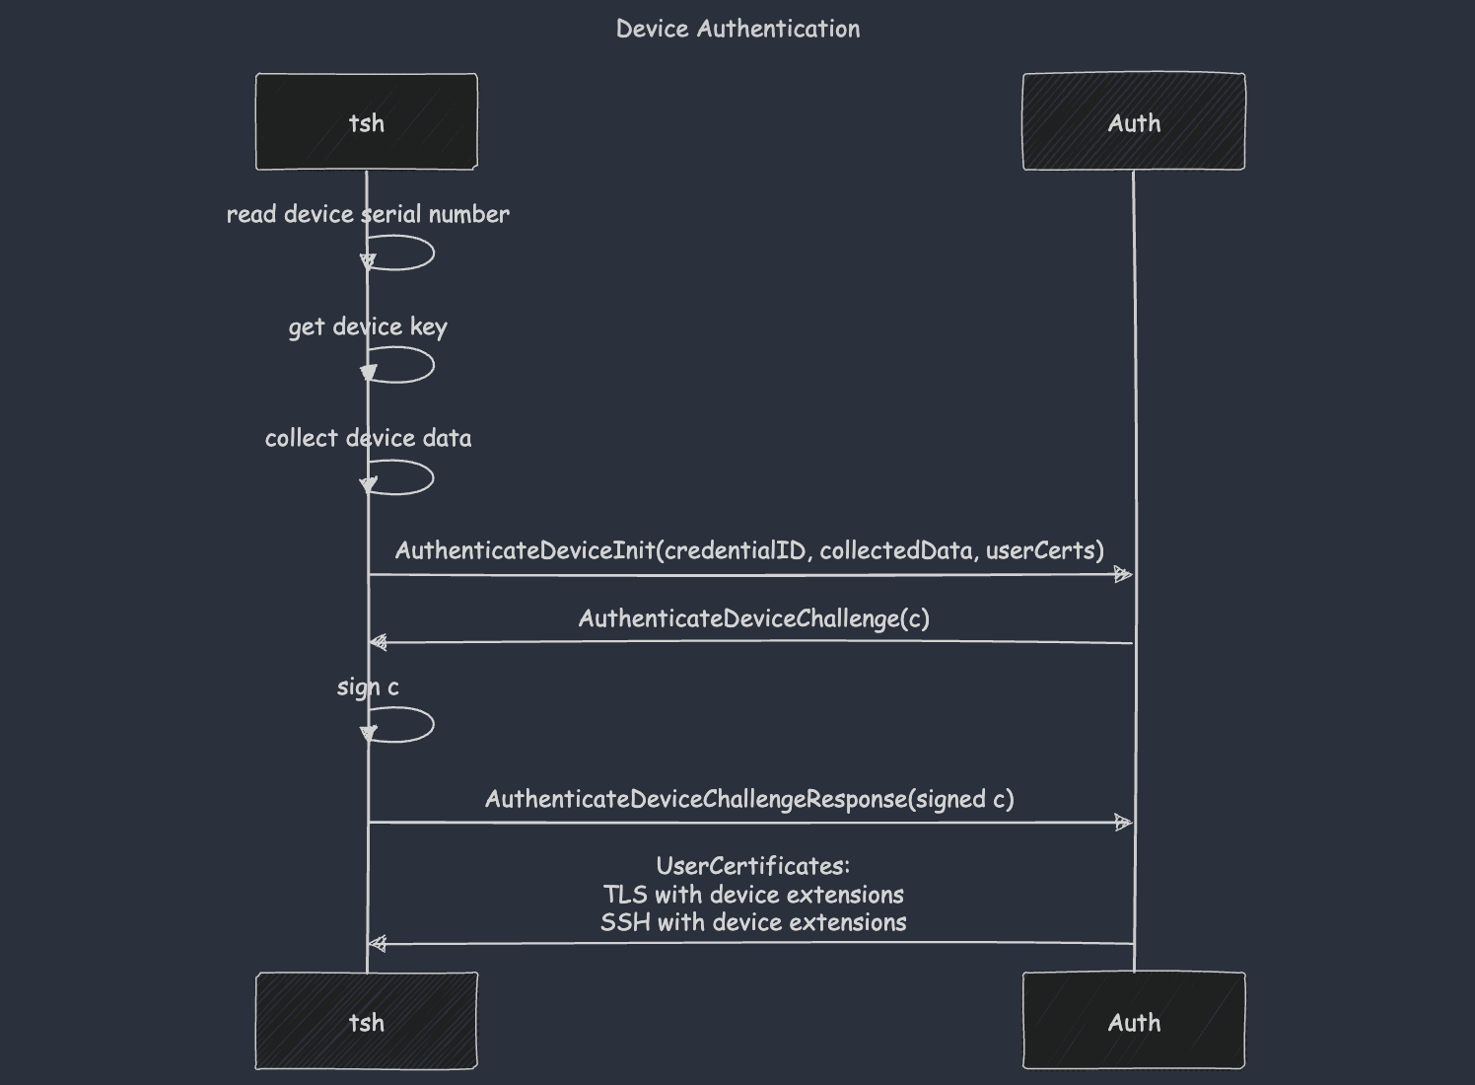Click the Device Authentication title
737,29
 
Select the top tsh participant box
367,122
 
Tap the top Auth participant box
1133,122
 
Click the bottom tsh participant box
367,1022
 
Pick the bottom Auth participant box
1133,1022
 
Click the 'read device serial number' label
368,214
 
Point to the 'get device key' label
368,326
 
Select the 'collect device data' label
368,438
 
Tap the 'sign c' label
368,687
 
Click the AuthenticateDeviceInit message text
749,550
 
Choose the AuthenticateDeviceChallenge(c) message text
753,618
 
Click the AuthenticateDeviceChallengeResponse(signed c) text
749,799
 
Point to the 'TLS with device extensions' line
753,895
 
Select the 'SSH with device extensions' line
753,922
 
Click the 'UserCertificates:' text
753,866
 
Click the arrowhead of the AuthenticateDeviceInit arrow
1123,575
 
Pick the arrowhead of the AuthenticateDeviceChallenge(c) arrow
378,643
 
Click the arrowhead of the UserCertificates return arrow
378,944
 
